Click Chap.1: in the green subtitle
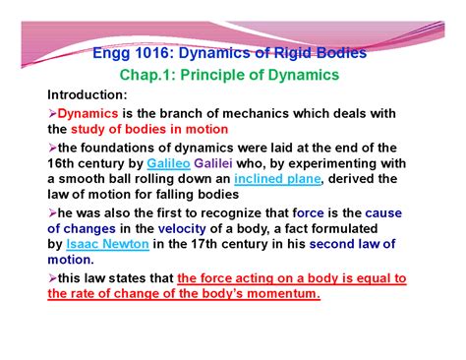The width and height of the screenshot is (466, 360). click(149, 75)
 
